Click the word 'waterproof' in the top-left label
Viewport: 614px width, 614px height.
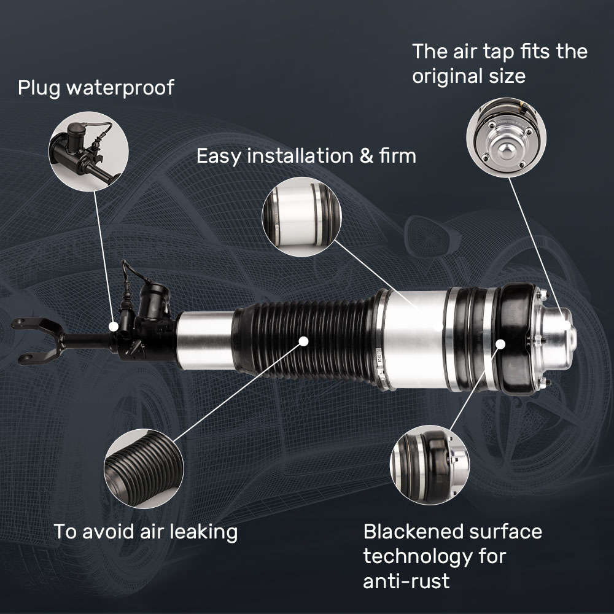120,88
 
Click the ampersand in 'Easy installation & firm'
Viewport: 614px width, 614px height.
367,156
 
